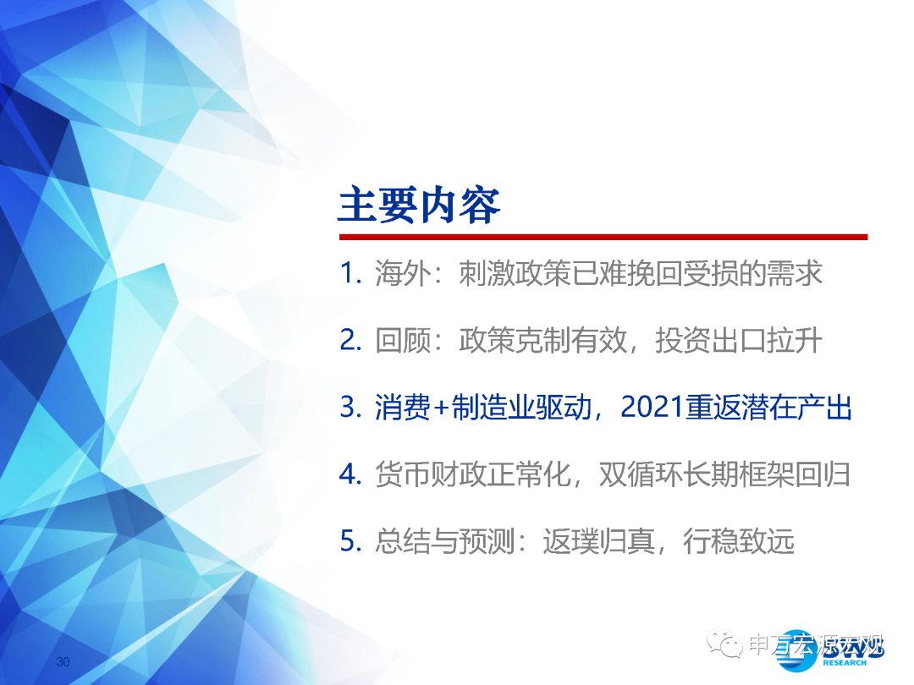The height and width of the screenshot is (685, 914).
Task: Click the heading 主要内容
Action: click(x=419, y=205)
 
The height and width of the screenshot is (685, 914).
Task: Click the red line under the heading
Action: click(x=603, y=237)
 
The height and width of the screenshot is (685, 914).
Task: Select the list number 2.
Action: click(x=350, y=340)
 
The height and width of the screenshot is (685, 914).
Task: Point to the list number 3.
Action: click(x=350, y=407)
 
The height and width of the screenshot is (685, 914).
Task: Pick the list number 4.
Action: click(x=350, y=474)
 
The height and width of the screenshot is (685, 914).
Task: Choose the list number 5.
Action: click(x=350, y=540)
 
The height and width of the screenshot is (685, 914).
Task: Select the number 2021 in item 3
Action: click(x=652, y=407)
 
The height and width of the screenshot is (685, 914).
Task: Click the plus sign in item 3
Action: click(x=441, y=408)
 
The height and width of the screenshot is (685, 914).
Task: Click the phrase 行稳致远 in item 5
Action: click(x=738, y=541)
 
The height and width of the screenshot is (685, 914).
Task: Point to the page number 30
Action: click(x=63, y=661)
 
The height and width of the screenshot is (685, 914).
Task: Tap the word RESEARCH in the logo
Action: click(x=845, y=663)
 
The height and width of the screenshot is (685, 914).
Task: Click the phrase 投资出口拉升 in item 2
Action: click(x=739, y=340)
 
